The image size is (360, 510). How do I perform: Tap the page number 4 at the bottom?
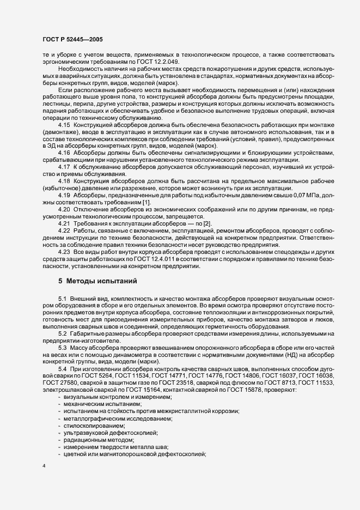44,467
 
